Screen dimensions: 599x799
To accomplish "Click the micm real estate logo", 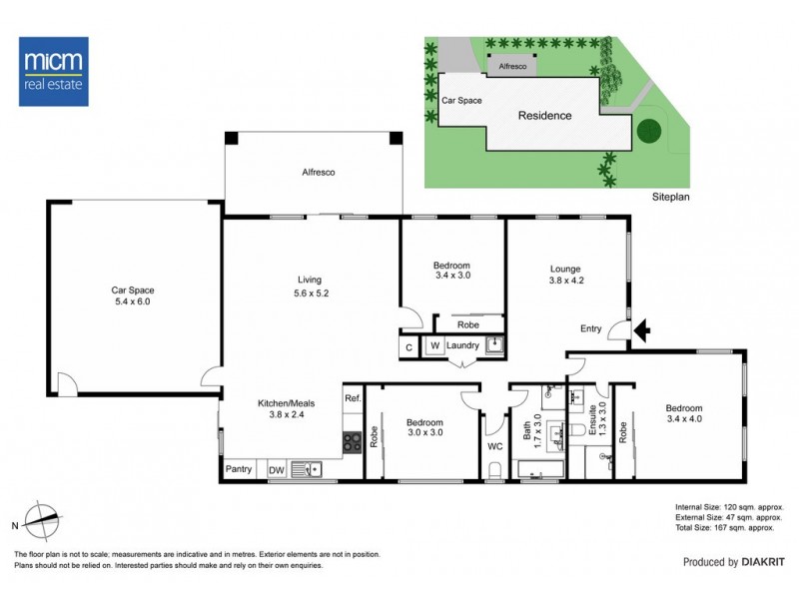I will point(54,72).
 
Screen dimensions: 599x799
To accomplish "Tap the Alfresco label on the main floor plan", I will point(318,173).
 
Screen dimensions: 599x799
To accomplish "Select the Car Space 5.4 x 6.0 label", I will point(132,296).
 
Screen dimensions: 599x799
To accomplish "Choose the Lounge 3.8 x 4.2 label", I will point(566,275).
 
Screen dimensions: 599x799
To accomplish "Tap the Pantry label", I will point(239,468).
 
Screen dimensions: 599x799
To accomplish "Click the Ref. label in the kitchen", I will point(352,398).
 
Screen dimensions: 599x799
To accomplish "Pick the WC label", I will point(494,446).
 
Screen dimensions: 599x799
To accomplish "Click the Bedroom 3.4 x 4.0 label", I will point(684,414).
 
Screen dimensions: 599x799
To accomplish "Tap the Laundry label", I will point(463,346).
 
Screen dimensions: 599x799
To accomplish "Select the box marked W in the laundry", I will point(434,346).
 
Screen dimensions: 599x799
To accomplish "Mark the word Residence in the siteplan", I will point(544,116).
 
